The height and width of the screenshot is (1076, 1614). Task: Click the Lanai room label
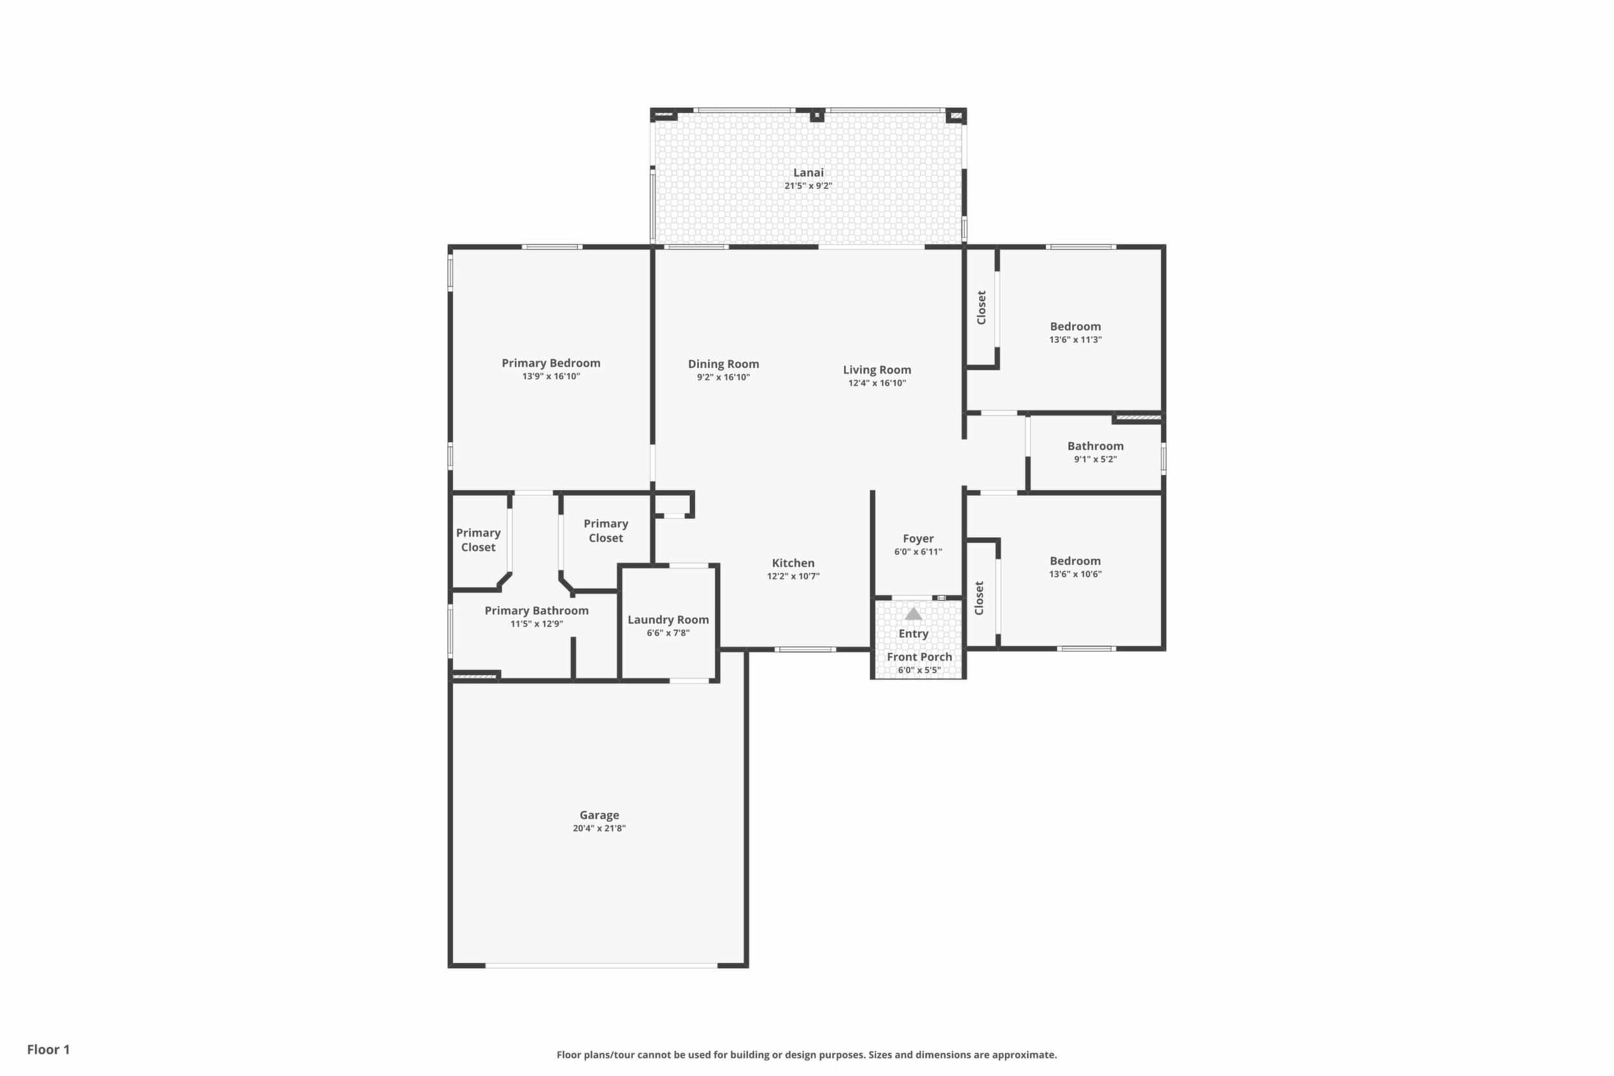pos(808,173)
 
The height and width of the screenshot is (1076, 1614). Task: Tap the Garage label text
pos(599,815)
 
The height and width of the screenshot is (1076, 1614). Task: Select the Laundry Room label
pos(669,619)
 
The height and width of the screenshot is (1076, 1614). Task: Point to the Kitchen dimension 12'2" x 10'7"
pos(793,576)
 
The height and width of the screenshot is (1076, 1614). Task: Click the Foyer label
pos(918,539)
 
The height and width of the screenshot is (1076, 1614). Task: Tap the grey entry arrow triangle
pos(913,614)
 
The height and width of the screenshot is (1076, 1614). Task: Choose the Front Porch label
pos(920,657)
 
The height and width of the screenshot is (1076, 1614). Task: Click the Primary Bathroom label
pos(537,610)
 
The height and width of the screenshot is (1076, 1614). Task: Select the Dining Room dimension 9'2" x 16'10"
pos(724,378)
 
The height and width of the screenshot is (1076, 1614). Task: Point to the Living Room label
pos(877,370)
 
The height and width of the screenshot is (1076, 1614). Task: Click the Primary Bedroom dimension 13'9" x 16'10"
pos(551,377)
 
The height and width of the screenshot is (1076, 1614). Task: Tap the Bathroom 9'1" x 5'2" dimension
pos(1095,459)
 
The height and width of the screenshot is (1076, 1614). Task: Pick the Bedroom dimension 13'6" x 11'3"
pos(1075,339)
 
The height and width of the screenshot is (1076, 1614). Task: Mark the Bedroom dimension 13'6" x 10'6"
pos(1075,574)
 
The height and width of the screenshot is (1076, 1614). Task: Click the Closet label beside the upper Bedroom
pos(982,307)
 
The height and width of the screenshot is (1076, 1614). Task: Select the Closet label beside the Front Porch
pos(979,598)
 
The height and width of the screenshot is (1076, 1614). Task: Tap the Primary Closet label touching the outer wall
pos(479,540)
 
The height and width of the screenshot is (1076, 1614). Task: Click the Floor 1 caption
pos(48,1049)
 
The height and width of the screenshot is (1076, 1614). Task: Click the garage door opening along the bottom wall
pos(602,965)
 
